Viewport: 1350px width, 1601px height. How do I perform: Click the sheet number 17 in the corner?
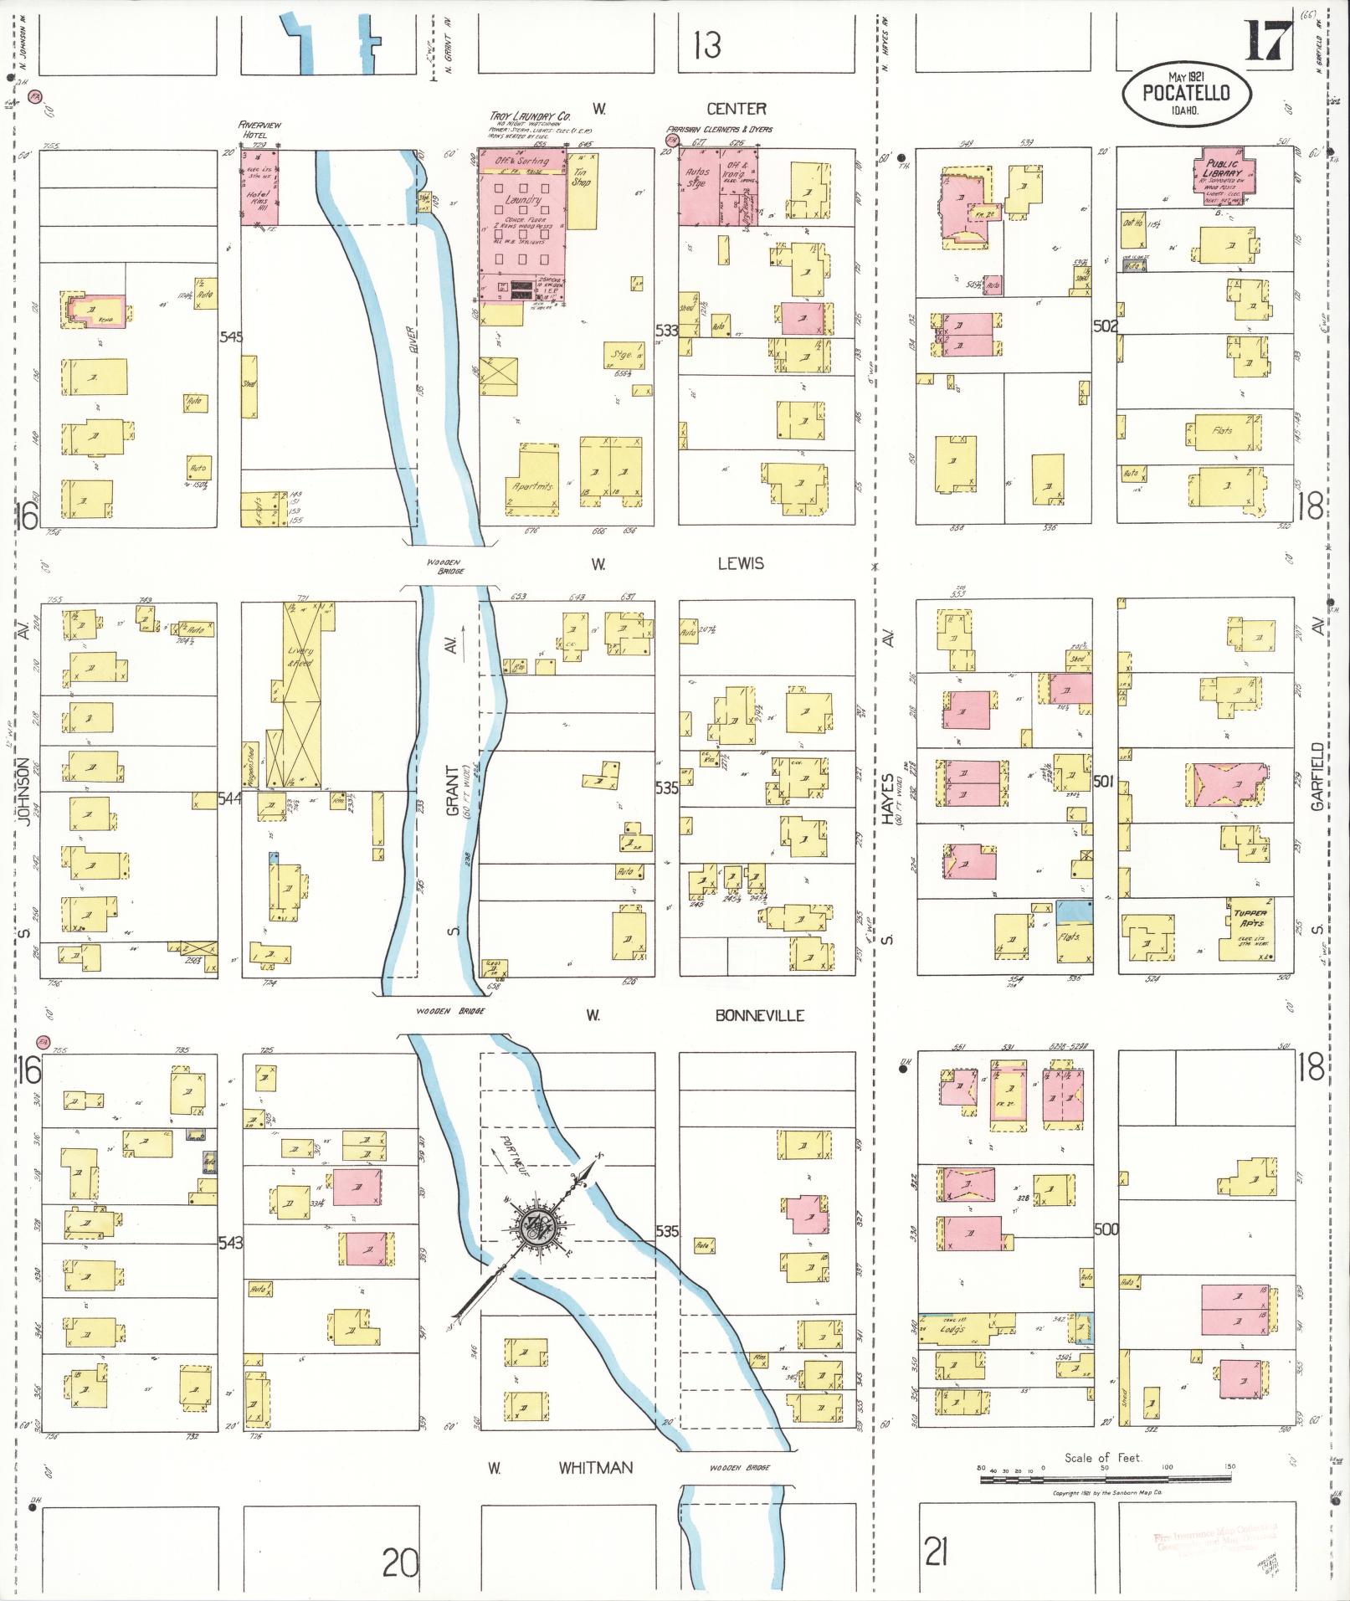(1269, 42)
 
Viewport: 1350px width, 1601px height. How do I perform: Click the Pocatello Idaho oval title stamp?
(1187, 94)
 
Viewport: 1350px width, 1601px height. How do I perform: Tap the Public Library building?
(1222, 175)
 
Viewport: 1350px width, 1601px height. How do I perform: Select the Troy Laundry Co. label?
(530, 116)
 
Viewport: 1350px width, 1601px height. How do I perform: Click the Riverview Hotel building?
(259, 187)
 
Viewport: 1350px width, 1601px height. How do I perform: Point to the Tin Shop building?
(582, 189)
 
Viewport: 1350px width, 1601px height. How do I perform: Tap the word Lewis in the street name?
(741, 564)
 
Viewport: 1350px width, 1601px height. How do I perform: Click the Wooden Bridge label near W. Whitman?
(739, 1468)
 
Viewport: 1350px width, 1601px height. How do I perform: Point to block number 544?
(229, 798)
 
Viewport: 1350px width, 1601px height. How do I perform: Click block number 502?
(1105, 326)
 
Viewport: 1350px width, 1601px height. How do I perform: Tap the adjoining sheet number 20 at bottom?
(400, 1563)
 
